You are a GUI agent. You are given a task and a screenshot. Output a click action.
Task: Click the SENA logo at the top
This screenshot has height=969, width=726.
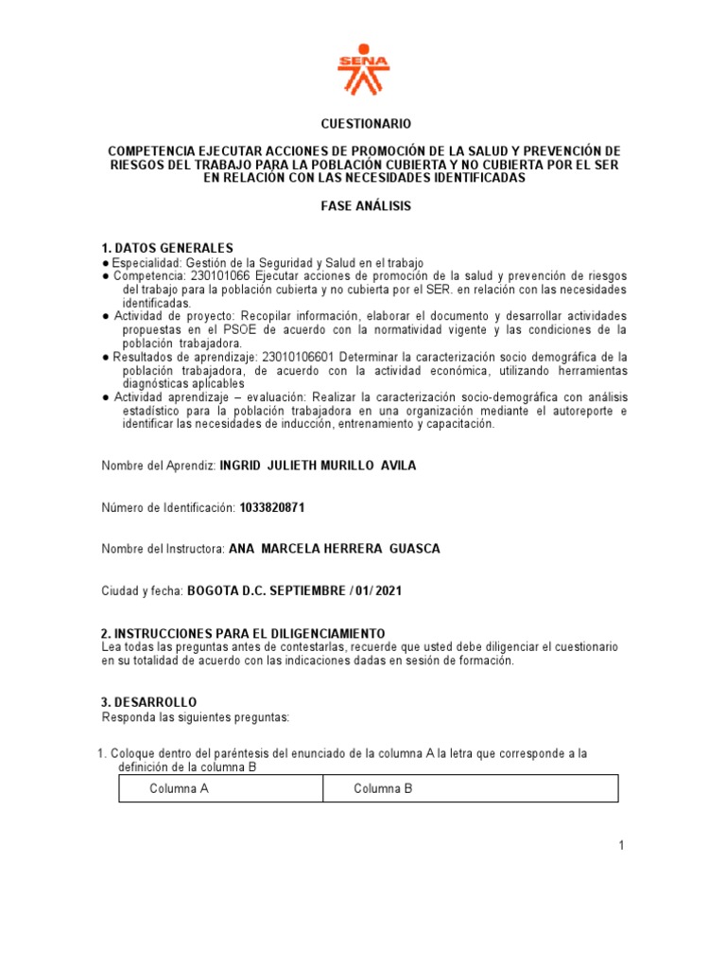point(363,68)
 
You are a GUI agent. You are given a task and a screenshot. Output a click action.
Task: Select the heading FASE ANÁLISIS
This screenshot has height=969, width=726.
point(364,205)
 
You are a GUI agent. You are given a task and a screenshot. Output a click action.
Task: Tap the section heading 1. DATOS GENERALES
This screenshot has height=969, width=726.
point(166,248)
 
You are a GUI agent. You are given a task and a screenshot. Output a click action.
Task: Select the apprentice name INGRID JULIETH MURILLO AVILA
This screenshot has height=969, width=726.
point(318,466)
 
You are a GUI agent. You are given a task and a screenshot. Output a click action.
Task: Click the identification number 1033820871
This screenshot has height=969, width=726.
point(272,508)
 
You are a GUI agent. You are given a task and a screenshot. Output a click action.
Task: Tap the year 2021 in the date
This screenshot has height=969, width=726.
point(388,590)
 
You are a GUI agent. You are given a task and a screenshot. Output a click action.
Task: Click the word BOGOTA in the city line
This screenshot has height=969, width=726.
point(214,590)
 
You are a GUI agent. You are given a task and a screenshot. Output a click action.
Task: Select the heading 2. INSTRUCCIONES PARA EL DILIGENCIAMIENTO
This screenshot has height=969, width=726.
point(243,632)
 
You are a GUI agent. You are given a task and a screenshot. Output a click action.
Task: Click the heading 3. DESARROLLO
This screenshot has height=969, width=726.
point(148,702)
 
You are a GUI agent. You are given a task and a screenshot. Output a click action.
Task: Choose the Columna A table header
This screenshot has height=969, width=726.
point(179,788)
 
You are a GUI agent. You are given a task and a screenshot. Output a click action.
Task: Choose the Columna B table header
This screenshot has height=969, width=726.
point(383,788)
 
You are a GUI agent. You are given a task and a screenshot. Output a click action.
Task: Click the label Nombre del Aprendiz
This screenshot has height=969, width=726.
point(158,466)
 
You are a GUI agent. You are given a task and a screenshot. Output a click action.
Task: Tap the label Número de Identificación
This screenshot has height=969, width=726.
point(168,508)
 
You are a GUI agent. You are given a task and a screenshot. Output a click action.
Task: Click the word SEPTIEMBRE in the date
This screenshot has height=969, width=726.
point(310,590)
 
